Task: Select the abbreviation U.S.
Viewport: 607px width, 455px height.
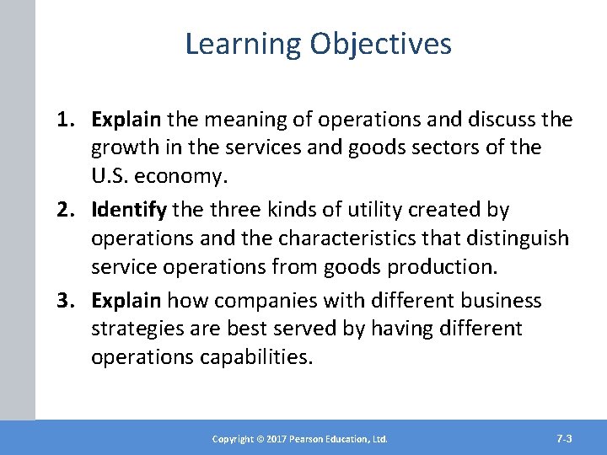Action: point(110,175)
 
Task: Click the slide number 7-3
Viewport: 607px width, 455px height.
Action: point(565,438)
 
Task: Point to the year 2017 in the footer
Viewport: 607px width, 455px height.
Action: point(268,439)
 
